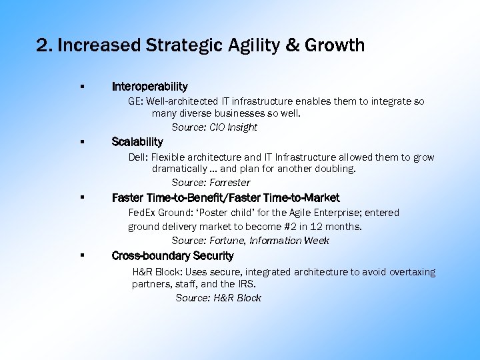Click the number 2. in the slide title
click(x=45, y=45)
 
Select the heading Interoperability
click(x=149, y=87)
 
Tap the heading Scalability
click(x=137, y=142)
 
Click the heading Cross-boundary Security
click(x=172, y=256)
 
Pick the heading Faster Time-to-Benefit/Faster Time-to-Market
click(x=225, y=198)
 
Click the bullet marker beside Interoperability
click(x=81, y=87)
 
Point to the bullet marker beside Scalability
click(x=81, y=142)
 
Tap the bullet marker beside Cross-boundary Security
click(x=81, y=256)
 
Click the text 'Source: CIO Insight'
click(x=214, y=127)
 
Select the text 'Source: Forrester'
click(x=211, y=183)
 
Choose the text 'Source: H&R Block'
click(x=218, y=298)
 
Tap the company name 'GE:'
click(x=135, y=102)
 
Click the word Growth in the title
click(x=336, y=45)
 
